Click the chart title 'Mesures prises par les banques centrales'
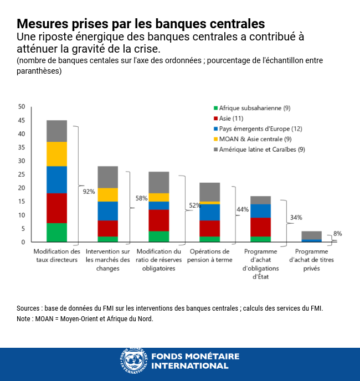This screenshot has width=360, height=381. [141, 24]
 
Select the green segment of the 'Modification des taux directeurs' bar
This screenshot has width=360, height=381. [56, 233]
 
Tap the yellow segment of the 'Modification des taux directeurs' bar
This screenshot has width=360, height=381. [56, 154]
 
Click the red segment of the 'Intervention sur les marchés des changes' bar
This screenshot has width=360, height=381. [107, 228]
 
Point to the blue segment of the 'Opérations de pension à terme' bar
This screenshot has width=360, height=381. [209, 212]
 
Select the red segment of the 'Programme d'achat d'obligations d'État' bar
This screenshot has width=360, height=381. [260, 227]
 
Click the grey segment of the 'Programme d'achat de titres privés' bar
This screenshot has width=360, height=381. [311, 235]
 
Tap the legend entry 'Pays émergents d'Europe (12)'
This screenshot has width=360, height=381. [257, 128]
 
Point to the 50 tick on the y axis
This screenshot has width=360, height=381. [22, 106]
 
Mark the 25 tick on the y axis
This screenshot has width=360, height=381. [22, 174]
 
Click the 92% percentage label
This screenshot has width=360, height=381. [89, 192]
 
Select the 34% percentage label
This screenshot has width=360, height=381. [296, 217]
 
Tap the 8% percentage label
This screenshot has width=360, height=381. [337, 234]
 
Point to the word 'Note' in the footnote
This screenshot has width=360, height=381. [24, 319]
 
